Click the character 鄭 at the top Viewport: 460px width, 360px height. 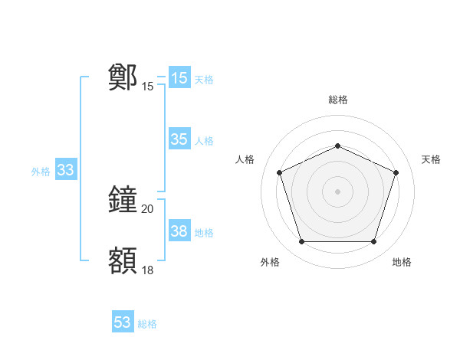pyautogui.click(x=123, y=77)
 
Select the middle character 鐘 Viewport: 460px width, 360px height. pyautogui.click(x=123, y=201)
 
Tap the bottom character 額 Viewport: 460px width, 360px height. pyautogui.click(x=123, y=260)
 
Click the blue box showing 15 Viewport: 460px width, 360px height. pyautogui.click(x=179, y=78)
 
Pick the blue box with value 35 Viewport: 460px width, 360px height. pyautogui.click(x=179, y=139)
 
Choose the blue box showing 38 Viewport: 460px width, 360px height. pyautogui.click(x=179, y=231)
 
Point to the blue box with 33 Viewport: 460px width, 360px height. pyautogui.click(x=65, y=170)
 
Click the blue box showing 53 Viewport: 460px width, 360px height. pyautogui.click(x=123, y=322)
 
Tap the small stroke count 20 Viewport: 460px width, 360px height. pyautogui.click(x=148, y=209)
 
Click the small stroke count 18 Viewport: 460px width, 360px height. pyautogui.click(x=148, y=270)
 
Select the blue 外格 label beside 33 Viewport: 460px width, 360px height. pyautogui.click(x=41, y=172)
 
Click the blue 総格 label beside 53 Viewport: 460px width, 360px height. pyautogui.click(x=147, y=324)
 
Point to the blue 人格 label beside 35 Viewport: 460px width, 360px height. pyautogui.click(x=204, y=141)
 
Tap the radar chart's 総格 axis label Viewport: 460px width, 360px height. pyautogui.click(x=338, y=100)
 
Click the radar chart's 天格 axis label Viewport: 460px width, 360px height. pyautogui.click(x=431, y=159)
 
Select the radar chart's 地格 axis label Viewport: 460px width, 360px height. pyautogui.click(x=402, y=262)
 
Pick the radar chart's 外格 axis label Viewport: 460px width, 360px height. pyautogui.click(x=271, y=262)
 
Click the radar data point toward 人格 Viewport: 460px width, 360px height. pyautogui.click(x=280, y=172)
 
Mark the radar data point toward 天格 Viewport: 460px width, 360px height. pyautogui.click(x=396, y=172)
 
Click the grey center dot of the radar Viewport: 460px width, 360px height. pyautogui.click(x=338, y=191)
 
